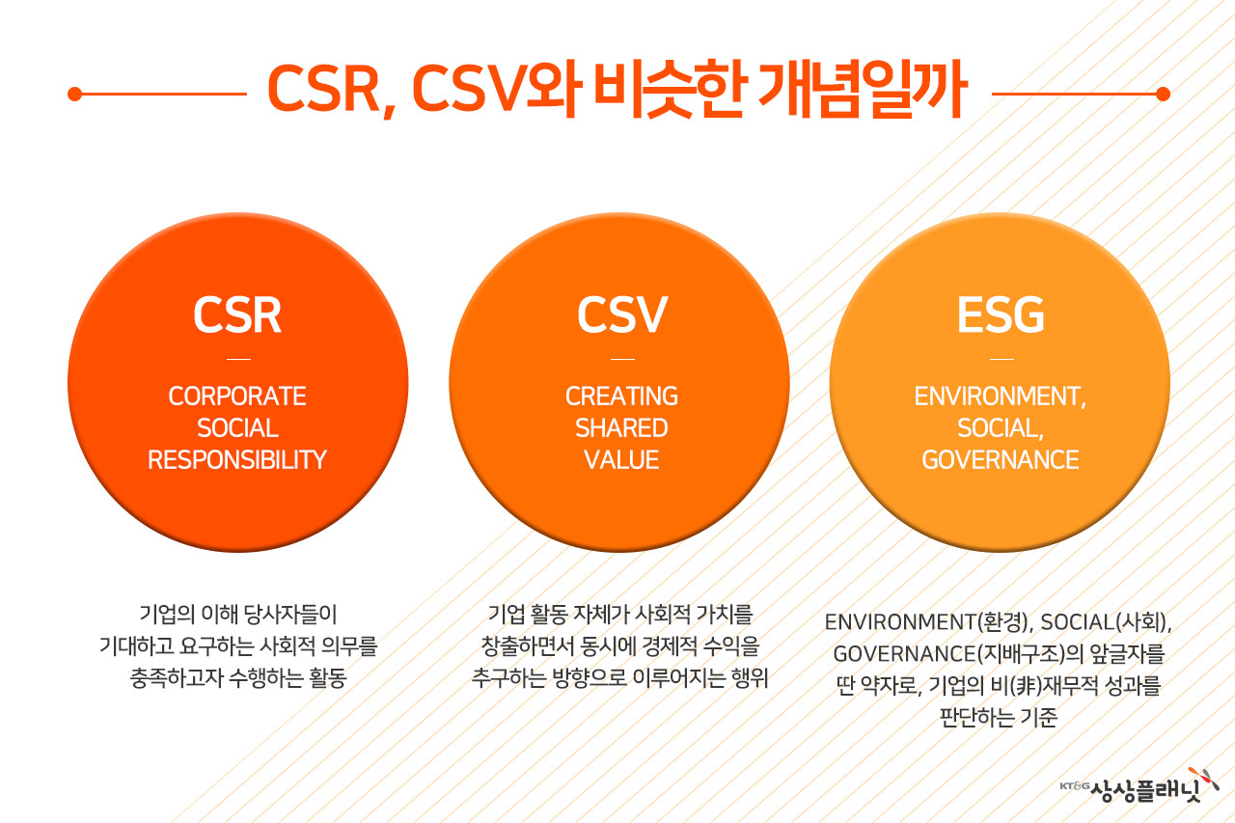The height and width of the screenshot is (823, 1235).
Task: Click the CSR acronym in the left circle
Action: pos(237,315)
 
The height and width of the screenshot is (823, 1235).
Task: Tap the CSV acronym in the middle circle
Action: pos(622,315)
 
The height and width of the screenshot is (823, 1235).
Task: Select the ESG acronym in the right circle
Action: pos(1001,315)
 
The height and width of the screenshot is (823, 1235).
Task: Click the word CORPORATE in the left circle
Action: pos(237,397)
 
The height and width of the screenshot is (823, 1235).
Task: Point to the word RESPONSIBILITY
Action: pos(237,460)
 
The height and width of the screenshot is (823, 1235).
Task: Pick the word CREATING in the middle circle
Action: pos(621,397)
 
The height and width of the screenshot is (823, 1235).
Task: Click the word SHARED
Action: pos(621,428)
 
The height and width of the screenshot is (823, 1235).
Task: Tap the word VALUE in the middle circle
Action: pos(621,460)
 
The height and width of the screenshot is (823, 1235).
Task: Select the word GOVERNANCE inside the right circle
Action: pos(1001,460)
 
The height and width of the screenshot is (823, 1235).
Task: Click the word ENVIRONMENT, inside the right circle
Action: pos(1001,397)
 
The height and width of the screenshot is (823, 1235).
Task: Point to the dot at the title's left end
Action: pos(74,94)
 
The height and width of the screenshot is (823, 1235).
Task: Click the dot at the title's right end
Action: pos(1163,94)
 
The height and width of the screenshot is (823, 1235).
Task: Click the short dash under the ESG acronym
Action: pos(1001,359)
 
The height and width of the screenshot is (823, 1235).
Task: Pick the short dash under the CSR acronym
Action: pos(237,359)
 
